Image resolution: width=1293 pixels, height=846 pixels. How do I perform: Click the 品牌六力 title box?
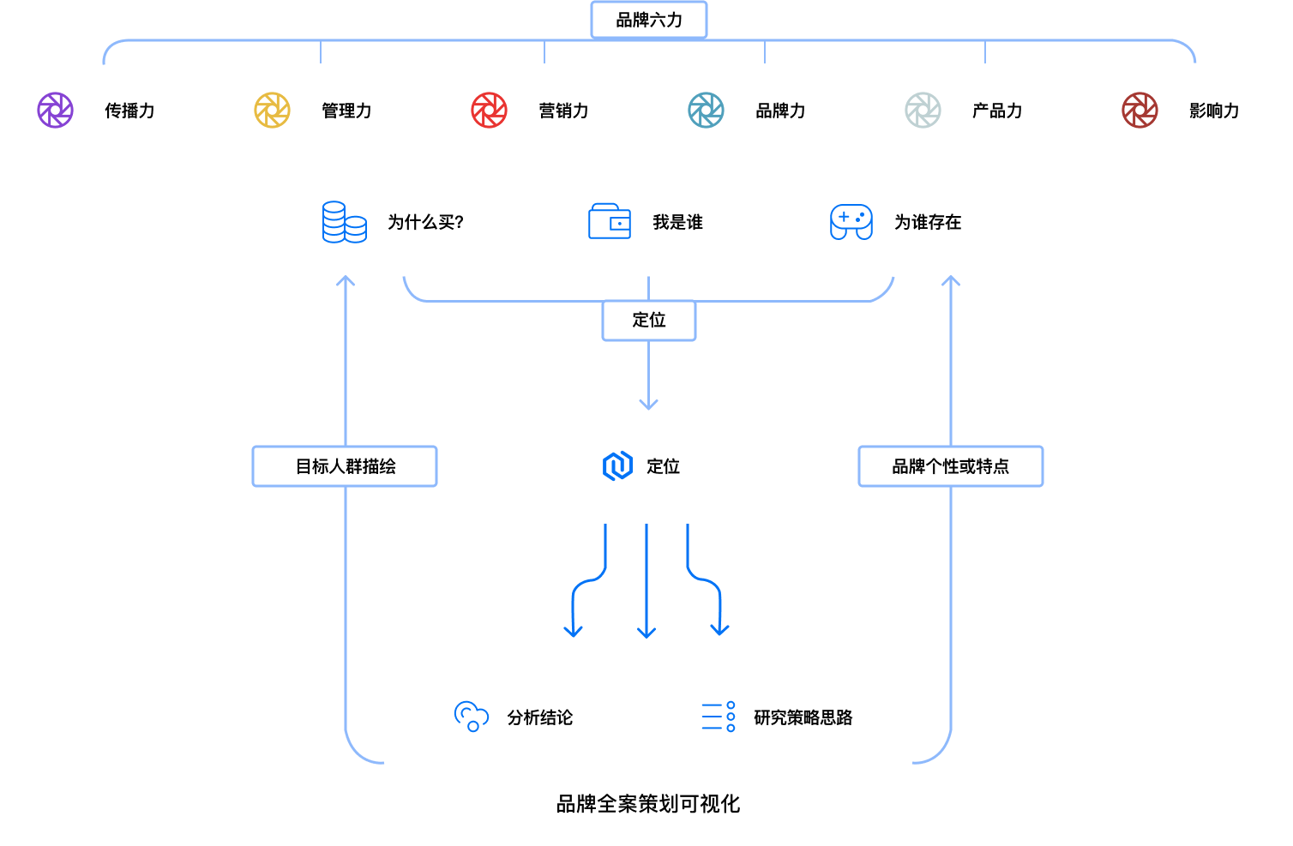tap(649, 20)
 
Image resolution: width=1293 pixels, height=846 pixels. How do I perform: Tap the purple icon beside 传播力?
tap(56, 111)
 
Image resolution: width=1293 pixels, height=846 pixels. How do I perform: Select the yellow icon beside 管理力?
tap(273, 111)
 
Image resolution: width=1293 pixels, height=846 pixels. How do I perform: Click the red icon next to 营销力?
tap(490, 111)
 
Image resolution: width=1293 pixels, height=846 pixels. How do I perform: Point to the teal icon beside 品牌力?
tap(707, 111)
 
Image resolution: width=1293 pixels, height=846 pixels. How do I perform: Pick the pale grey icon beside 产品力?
tap(923, 111)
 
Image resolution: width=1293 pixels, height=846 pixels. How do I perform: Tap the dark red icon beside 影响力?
tap(1140, 111)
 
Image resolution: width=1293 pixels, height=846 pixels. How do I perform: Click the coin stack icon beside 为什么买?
tap(344, 222)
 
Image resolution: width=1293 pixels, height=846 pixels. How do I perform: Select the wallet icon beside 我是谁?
tap(610, 222)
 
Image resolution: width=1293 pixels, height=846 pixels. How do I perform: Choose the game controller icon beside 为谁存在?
tap(851, 222)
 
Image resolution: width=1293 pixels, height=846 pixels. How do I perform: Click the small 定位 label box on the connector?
tap(649, 321)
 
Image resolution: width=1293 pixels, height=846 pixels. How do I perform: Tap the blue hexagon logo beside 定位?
tap(617, 466)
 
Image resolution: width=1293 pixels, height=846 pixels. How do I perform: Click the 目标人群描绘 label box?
tap(345, 466)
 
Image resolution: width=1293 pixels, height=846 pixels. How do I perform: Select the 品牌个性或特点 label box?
tap(951, 466)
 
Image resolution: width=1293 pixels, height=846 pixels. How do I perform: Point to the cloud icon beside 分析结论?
tap(471, 717)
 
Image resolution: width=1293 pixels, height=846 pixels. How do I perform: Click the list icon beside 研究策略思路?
tap(719, 717)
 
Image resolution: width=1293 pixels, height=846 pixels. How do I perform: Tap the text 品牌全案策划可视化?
tap(648, 804)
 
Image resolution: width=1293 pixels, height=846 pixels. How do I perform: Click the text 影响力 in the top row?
tap(1214, 111)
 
